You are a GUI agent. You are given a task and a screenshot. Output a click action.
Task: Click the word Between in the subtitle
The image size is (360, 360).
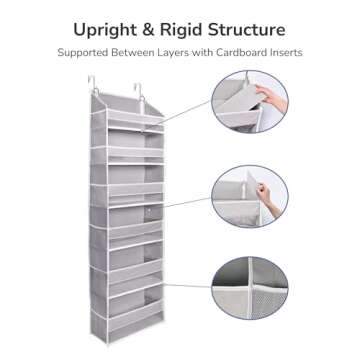pyautogui.click(x=135, y=50)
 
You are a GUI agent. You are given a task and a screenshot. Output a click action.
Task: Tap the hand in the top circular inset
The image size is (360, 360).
pyautogui.click(x=276, y=97)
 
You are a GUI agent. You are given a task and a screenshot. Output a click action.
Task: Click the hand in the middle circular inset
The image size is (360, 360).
pyautogui.click(x=267, y=187)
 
